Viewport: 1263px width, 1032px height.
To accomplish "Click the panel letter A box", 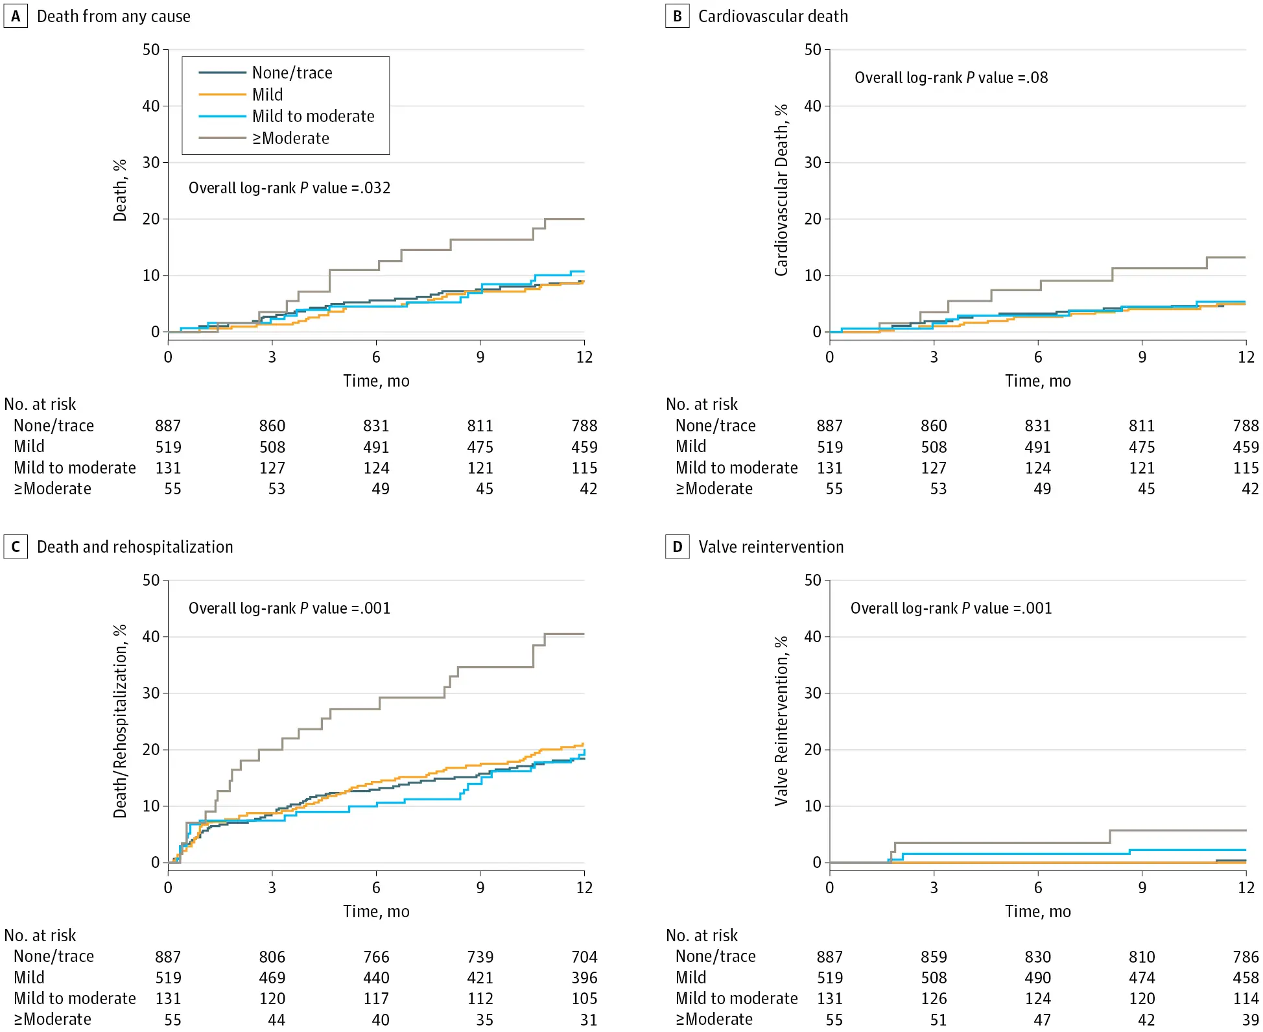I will (16, 16).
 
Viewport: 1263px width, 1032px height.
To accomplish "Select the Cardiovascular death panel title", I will (773, 16).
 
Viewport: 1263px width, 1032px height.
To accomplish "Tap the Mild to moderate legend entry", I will (313, 116).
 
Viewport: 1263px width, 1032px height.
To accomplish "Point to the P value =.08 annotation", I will (951, 78).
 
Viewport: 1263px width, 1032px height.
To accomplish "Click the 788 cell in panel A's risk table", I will (584, 426).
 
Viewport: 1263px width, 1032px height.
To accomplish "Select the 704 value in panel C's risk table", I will (584, 957).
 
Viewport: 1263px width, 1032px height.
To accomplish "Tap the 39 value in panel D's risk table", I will (1250, 1020).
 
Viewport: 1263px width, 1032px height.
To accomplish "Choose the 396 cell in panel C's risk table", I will (584, 978).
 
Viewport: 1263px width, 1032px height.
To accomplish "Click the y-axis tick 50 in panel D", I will (812, 581).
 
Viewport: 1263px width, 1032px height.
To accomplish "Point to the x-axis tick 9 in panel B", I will (1142, 357).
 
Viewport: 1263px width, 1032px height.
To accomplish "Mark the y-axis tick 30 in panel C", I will (151, 693).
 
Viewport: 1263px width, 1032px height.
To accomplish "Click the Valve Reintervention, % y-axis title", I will (781, 721).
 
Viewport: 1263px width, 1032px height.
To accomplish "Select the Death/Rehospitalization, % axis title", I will (120, 721).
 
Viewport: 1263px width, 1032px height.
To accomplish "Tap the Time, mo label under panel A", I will (376, 381).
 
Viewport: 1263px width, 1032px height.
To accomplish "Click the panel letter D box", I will (678, 547).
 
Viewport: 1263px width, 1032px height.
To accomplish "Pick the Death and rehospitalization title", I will (135, 547).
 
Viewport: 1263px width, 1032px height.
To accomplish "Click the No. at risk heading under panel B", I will (702, 404).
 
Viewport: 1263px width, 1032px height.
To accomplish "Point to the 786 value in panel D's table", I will (1245, 957).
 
